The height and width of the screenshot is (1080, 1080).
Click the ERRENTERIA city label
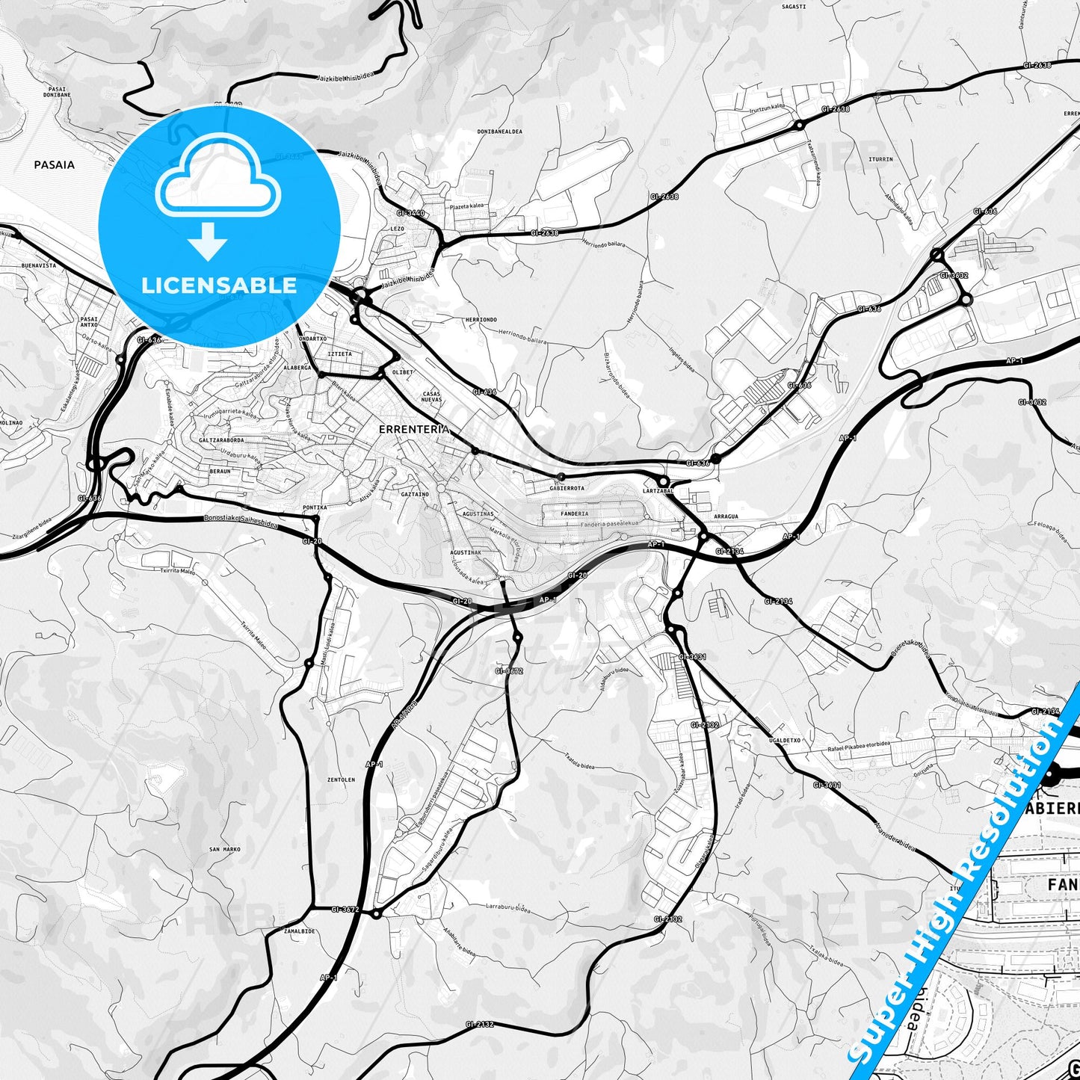(414, 429)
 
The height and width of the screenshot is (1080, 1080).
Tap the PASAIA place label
(54, 164)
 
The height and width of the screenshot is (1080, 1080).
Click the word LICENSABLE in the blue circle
(219, 285)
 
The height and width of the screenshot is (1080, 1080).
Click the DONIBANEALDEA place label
(499, 132)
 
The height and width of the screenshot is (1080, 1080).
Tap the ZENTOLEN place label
(341, 780)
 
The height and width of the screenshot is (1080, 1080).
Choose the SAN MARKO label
(225, 849)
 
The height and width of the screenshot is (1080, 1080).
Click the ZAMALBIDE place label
(299, 931)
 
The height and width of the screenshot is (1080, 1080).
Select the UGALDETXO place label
(784, 740)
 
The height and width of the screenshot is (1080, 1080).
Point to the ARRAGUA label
(726, 516)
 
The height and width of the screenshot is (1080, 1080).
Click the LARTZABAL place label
(658, 491)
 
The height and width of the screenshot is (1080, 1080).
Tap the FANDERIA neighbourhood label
(574, 513)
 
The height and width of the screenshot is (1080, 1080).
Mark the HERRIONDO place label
(481, 320)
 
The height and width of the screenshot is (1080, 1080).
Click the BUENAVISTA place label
(39, 265)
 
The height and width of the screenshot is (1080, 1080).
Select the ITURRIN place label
(880, 159)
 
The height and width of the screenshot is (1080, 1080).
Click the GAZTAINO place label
(415, 494)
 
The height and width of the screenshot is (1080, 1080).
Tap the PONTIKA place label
(315, 507)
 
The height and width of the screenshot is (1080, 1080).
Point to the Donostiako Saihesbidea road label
(240, 522)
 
